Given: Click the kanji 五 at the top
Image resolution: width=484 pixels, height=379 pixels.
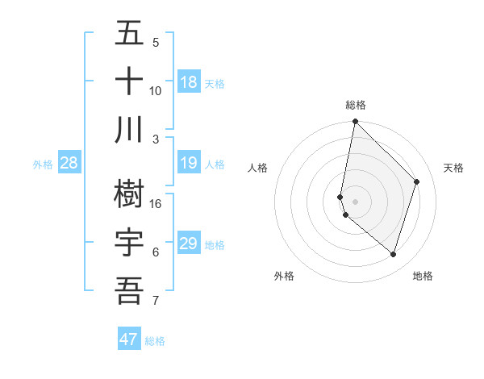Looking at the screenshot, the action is click(x=129, y=35).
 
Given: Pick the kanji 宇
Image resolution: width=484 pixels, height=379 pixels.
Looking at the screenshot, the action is click(x=129, y=243).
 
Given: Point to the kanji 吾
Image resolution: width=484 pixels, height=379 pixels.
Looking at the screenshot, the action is click(x=129, y=290).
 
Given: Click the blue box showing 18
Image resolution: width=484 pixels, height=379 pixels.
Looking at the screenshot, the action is click(x=189, y=81).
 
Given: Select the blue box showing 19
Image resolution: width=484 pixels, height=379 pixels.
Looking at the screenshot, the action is click(x=189, y=163).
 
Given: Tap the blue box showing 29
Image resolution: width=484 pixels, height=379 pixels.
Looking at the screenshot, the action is click(x=189, y=244).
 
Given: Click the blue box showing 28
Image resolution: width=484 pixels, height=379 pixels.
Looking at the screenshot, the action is click(x=69, y=163).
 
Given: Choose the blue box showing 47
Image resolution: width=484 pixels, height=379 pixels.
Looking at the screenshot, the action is click(x=129, y=339).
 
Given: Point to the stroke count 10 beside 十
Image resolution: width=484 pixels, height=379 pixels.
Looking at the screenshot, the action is click(x=156, y=90).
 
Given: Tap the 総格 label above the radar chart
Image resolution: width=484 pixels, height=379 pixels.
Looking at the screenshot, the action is click(x=356, y=105).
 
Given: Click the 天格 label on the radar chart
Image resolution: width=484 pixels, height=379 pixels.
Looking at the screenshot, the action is click(x=453, y=168).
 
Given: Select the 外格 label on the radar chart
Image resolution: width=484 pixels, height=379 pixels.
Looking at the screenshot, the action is click(x=284, y=276).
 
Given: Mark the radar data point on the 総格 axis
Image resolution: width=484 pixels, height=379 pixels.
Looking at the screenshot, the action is click(x=355, y=122).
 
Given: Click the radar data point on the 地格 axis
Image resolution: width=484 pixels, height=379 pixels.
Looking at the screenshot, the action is click(x=394, y=255).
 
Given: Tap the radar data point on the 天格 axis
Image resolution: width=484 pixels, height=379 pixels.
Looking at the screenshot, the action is click(x=417, y=181).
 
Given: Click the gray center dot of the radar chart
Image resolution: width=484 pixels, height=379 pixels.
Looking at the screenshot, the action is click(x=355, y=202).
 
